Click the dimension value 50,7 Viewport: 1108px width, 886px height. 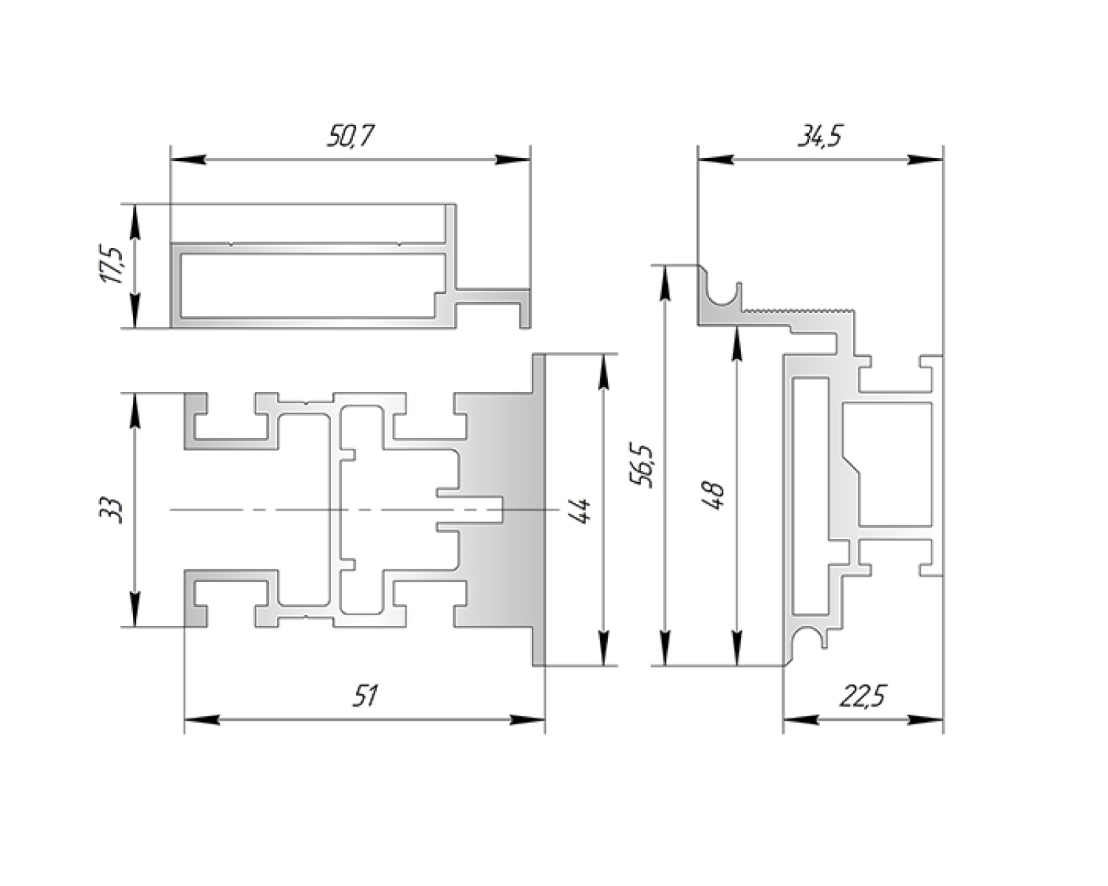coord(350,137)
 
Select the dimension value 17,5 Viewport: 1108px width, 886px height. coord(114,266)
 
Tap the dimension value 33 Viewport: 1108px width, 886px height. coord(111,510)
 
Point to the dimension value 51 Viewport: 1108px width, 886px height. coord(364,696)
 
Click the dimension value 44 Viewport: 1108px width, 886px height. coord(581,510)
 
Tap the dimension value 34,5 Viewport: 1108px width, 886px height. coord(818,137)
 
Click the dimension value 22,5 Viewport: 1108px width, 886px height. coord(863,696)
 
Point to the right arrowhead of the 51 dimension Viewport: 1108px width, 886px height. coord(529,719)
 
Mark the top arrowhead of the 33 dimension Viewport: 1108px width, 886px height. coord(134,408)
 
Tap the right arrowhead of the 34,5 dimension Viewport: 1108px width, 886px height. coord(928,159)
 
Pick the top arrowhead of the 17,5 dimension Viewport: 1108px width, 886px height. coord(134,219)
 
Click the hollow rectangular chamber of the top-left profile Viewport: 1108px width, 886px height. coord(310,286)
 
